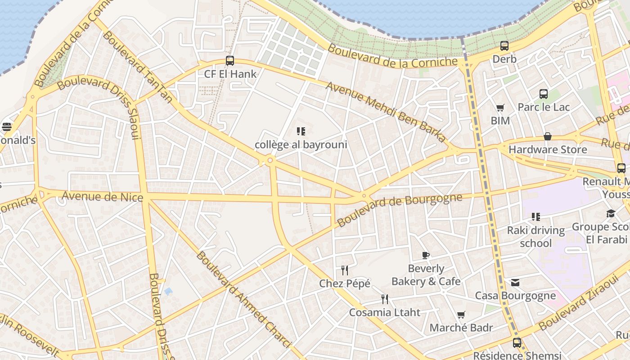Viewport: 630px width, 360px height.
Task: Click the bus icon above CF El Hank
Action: [230, 61]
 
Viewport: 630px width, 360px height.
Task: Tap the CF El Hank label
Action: [230, 74]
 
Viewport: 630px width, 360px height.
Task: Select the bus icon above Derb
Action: [504, 46]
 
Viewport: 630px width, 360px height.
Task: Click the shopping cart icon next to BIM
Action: [500, 108]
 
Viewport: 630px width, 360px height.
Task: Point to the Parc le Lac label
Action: [544, 107]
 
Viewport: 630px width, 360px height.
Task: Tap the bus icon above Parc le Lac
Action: [544, 94]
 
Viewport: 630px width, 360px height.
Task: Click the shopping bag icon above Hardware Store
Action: [548, 136]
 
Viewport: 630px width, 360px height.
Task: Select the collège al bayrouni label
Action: [301, 144]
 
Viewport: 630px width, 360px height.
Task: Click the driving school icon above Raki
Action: [535, 217]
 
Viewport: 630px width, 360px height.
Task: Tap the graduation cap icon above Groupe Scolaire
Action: [610, 214]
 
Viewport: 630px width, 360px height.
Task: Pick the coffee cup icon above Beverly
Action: [426, 256]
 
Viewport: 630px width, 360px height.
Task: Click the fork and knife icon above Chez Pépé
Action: [345, 270]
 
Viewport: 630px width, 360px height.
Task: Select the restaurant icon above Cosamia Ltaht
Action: [385, 299]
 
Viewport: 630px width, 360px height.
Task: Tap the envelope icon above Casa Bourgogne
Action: [515, 283]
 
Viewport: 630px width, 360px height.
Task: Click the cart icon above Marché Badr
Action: [461, 315]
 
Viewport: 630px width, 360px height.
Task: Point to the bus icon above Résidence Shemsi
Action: [517, 342]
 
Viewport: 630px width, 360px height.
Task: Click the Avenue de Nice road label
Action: [102, 197]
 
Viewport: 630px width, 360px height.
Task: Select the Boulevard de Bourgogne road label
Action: [400, 210]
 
